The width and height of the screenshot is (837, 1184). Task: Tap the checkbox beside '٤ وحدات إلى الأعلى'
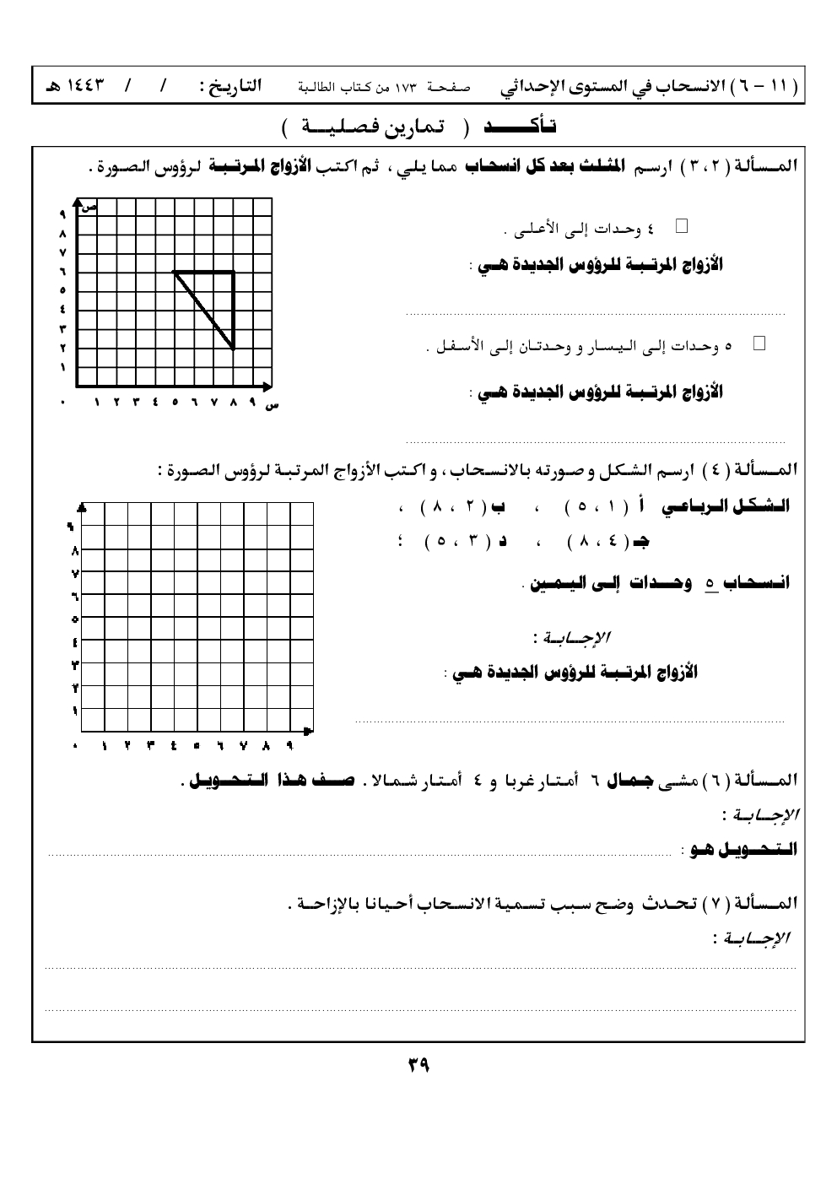(682, 225)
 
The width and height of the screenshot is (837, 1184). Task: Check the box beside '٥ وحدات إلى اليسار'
(758, 343)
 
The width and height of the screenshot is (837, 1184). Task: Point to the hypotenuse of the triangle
(203, 309)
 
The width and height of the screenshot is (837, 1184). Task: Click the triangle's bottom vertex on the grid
(234, 348)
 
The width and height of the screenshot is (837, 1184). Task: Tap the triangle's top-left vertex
(174, 272)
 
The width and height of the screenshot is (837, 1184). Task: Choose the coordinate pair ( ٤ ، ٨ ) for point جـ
(592, 542)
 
